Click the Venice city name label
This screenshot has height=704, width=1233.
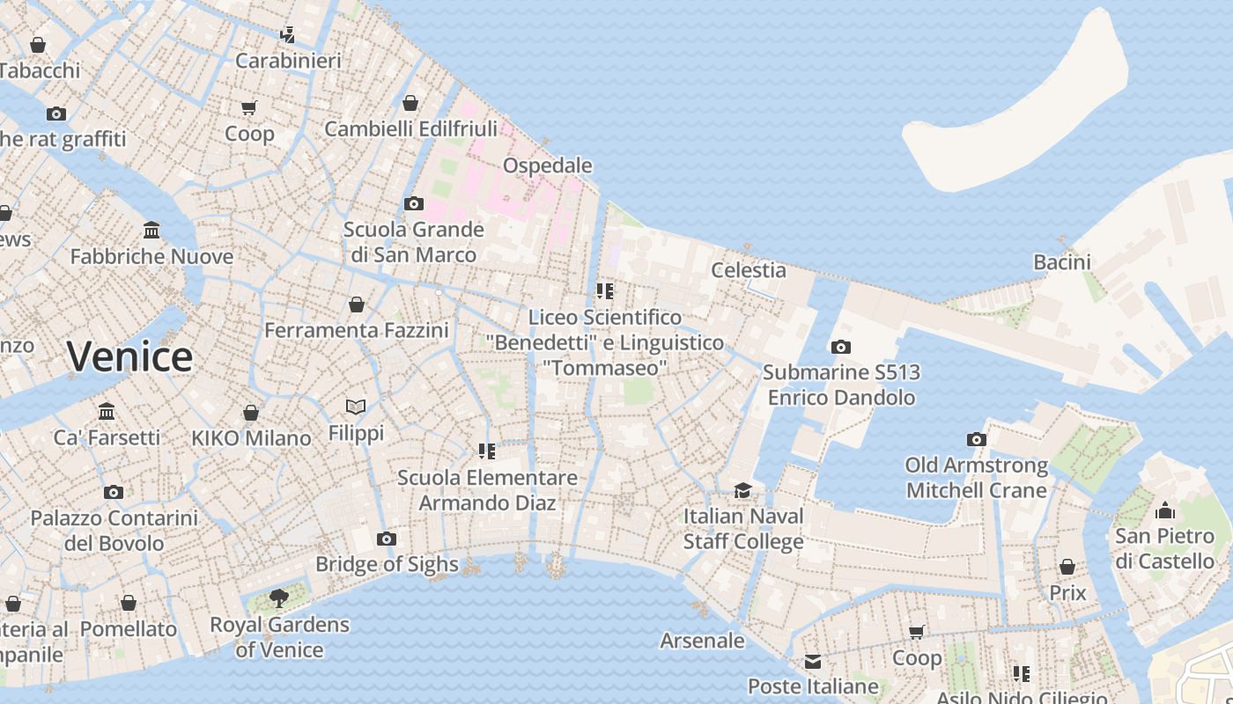pos(129,356)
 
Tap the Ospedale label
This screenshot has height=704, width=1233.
pos(547,165)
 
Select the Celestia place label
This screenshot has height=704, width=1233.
pos(749,269)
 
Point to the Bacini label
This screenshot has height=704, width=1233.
pos(1061,261)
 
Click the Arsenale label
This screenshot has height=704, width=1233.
pos(702,641)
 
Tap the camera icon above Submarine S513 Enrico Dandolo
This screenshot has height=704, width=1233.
pos(841,347)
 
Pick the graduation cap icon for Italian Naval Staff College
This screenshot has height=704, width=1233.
pos(743,490)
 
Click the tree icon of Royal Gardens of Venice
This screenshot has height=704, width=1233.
pos(279,599)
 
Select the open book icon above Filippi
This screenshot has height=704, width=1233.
pos(356,407)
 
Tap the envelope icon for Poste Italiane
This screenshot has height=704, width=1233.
pos(812,661)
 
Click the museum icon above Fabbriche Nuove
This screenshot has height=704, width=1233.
pos(151,231)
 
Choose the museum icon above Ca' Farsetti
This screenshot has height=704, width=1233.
pos(107,411)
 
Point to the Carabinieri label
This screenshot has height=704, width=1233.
pos(288,61)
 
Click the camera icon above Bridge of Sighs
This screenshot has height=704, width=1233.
pos(387,539)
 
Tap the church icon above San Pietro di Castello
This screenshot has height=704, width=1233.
pos(1165,510)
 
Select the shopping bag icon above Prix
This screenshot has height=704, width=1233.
pos(1067,567)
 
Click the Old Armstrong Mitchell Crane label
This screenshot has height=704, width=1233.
pos(977,477)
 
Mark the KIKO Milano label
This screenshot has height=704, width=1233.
pos(251,438)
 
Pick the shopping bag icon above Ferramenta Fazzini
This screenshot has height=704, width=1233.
pos(357,304)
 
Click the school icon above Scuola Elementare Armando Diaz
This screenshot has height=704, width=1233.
pos(487,451)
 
